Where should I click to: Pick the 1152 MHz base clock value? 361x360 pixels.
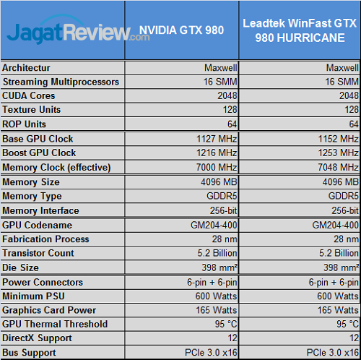339,139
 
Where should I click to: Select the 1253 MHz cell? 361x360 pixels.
339,153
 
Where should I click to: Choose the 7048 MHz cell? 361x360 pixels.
339,168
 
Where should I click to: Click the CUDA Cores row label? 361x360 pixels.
30,96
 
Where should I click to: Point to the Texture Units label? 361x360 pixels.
32,110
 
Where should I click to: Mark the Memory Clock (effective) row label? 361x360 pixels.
56,168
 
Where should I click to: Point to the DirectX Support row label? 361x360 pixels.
37,338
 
